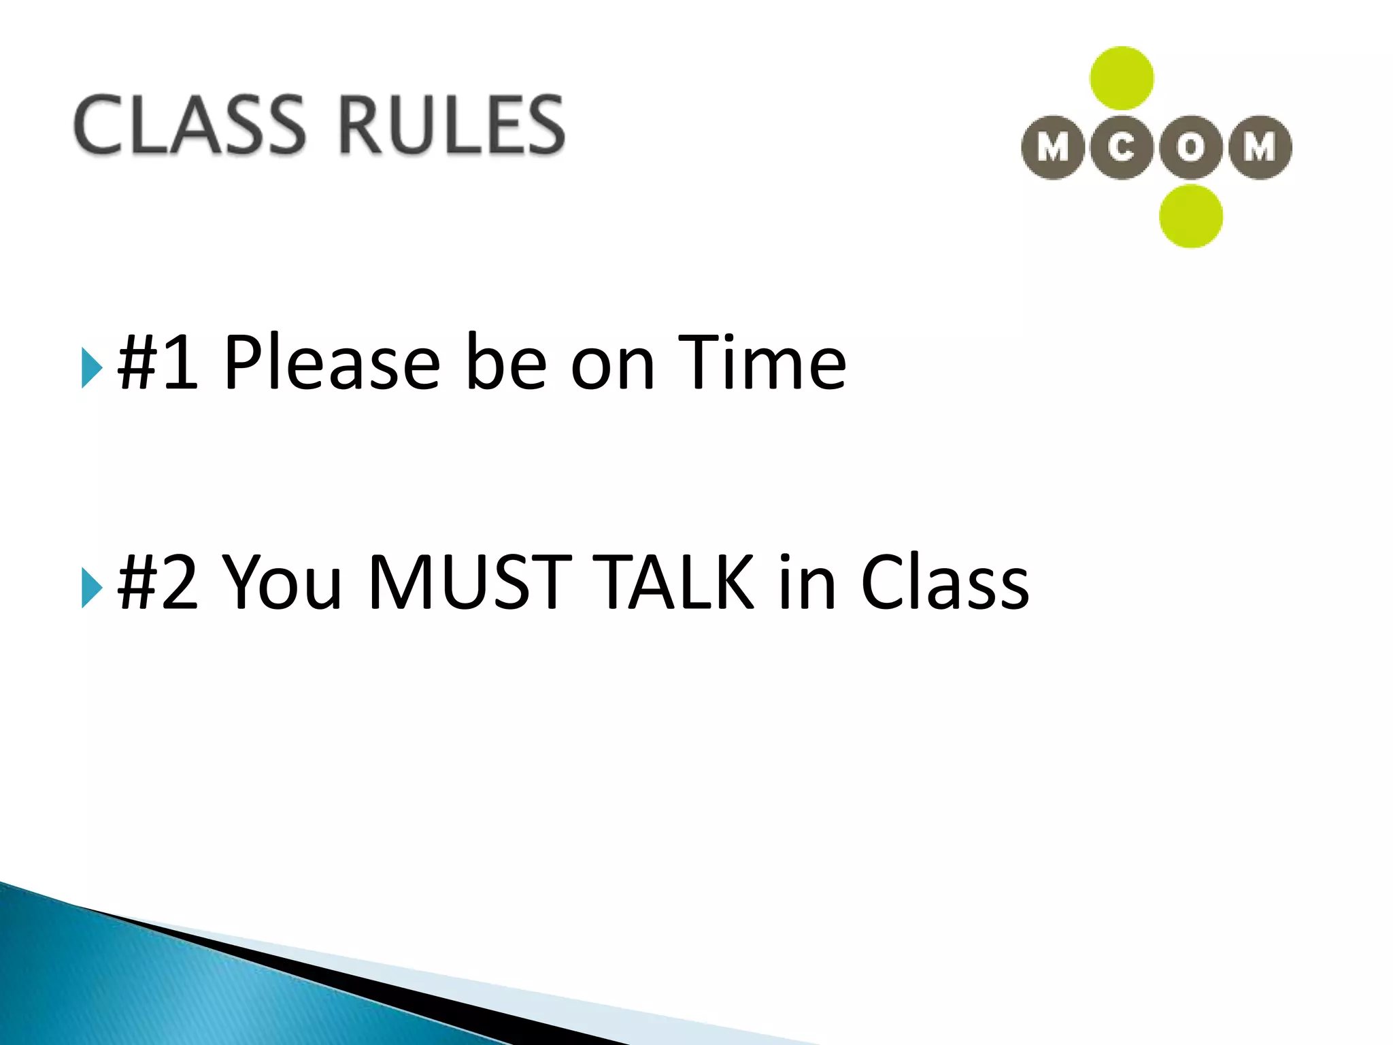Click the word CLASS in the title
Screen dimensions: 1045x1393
190,125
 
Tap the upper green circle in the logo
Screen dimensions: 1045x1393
1122,78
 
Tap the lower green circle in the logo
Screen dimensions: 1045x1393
1191,216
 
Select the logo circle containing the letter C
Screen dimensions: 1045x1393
1122,148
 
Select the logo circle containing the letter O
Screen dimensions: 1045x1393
1191,148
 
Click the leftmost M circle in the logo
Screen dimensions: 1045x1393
1053,148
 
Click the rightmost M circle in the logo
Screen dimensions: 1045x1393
1260,148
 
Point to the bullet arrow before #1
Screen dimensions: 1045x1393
91,367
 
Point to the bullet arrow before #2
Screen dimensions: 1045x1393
91,586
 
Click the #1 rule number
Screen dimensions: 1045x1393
158,363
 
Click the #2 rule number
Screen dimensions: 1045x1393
158,582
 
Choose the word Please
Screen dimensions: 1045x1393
332,363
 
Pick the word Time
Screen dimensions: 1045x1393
762,363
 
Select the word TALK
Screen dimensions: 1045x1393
673,582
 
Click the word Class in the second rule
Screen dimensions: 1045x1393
945,582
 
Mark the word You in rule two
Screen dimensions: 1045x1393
282,582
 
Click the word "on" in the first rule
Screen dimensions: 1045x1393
612,367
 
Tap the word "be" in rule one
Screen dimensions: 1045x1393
506,363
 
